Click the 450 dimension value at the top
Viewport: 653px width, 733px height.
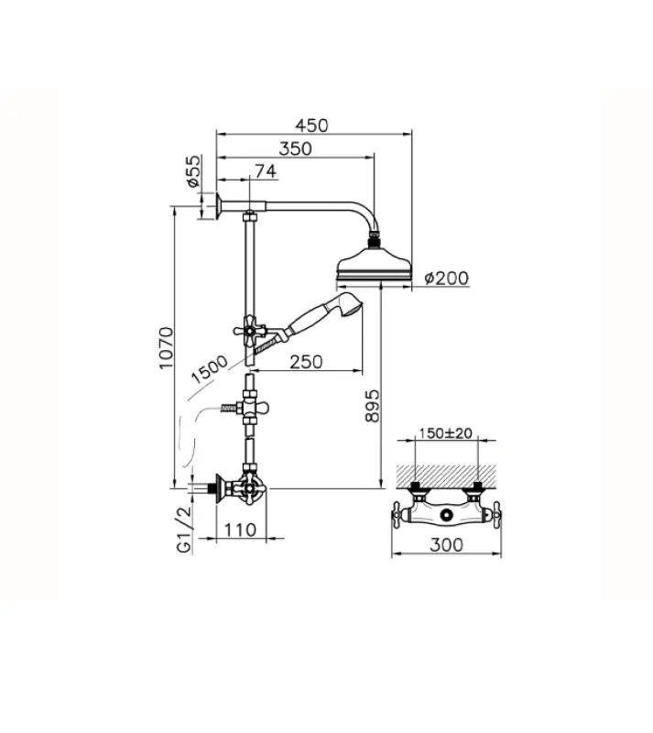point(312,126)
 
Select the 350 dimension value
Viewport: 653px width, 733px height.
point(296,148)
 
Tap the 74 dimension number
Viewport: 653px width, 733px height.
point(266,170)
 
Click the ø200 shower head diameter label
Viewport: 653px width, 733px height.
point(445,279)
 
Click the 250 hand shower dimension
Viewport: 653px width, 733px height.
point(305,362)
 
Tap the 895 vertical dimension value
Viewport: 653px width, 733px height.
point(370,405)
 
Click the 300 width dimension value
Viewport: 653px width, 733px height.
point(445,544)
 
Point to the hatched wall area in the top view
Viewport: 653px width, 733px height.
point(445,473)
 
